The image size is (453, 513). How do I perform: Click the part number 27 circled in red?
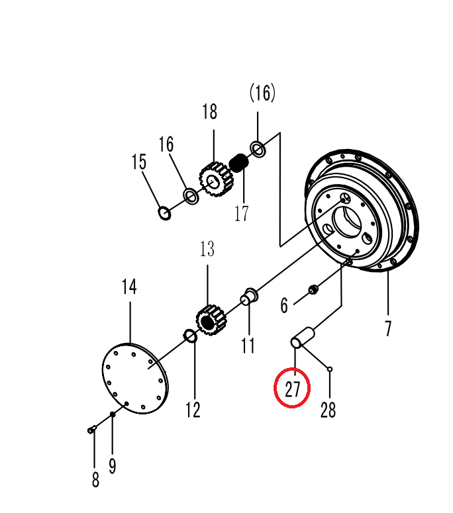tap(292, 389)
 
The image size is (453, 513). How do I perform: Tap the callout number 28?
tap(328, 410)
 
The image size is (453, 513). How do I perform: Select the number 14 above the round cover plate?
tap(129, 287)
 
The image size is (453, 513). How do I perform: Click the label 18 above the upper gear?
tap(209, 112)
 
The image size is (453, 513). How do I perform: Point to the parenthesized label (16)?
tap(262, 93)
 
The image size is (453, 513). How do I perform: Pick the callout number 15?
tap(139, 162)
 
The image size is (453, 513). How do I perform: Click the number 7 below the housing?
tap(388, 328)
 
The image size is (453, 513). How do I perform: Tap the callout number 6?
tap(284, 306)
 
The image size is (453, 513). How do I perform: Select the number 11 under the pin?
tap(248, 346)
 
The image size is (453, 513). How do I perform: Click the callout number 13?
tap(207, 249)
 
